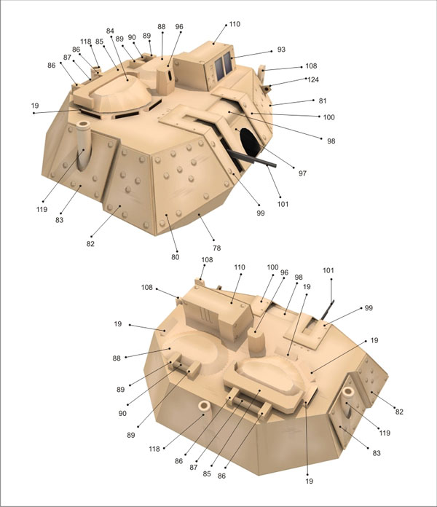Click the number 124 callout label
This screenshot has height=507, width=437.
[313, 79]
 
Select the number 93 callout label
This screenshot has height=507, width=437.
[281, 50]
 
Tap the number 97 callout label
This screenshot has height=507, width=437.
[302, 173]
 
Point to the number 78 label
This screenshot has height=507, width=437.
[216, 248]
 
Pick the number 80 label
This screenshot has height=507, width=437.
[176, 257]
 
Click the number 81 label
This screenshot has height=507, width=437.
[323, 101]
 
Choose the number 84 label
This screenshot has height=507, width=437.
[110, 31]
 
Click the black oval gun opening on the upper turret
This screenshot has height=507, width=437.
[249, 143]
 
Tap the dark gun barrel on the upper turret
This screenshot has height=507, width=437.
[251, 159]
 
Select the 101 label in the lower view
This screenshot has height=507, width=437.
[328, 270]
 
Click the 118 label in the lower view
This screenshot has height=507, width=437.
[154, 449]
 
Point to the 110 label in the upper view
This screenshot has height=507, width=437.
[235, 24]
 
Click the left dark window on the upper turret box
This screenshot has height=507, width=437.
[219, 68]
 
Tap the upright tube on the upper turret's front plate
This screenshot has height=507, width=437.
[83, 146]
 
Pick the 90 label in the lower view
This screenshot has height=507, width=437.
[122, 413]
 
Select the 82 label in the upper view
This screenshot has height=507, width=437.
[90, 244]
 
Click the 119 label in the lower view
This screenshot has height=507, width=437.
[385, 433]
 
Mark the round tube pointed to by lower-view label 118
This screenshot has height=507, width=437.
[205, 410]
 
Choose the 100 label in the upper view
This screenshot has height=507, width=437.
[328, 117]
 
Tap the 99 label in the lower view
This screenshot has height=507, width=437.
[369, 308]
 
